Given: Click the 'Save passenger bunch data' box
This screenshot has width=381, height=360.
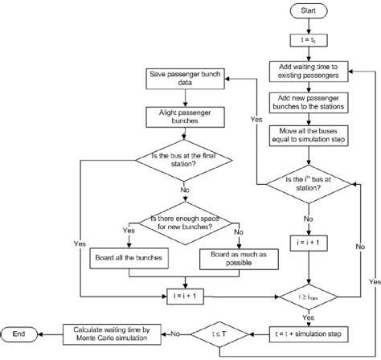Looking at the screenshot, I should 186,79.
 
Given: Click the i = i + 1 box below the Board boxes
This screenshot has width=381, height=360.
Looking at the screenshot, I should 186,295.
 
